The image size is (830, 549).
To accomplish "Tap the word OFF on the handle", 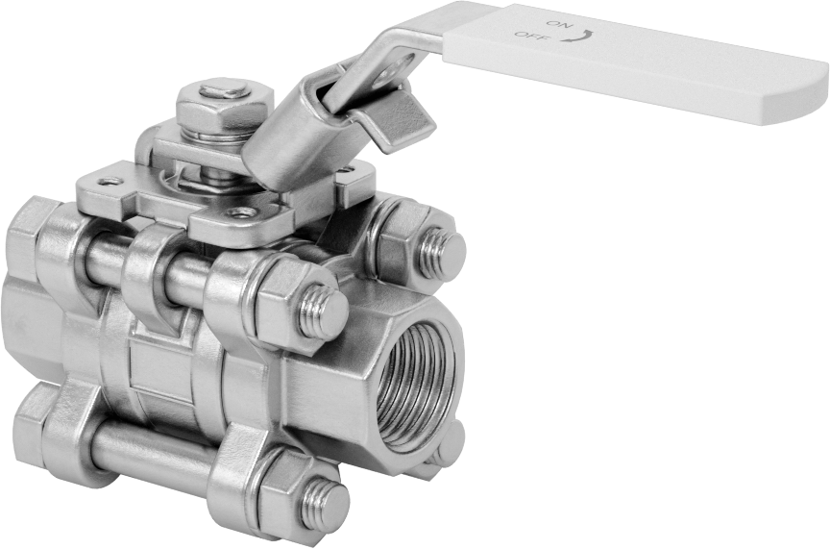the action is click(528, 36).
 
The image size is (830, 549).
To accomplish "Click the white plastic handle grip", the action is click(634, 62).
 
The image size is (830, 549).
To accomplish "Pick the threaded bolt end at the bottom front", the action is click(325, 505).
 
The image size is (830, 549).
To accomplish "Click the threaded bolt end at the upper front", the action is click(324, 312).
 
